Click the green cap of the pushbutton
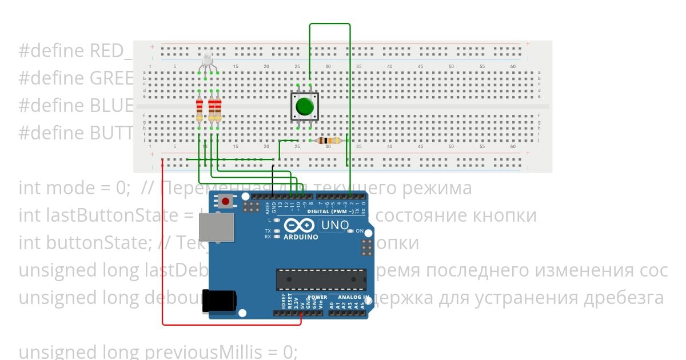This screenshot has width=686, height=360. click(x=305, y=106)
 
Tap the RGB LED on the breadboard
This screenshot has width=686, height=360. click(x=207, y=59)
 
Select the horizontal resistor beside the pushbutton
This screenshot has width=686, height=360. click(x=329, y=141)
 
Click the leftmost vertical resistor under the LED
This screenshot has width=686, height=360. click(x=199, y=110)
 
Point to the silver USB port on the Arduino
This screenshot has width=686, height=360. click(x=217, y=227)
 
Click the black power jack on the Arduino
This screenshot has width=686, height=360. click(x=220, y=301)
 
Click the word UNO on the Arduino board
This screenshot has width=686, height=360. click(x=335, y=225)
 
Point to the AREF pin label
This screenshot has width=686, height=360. click(x=267, y=206)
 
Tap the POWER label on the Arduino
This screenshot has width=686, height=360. click(x=318, y=298)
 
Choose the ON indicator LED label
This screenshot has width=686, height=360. click(x=360, y=231)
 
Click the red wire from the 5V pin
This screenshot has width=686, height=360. click(x=163, y=246)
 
